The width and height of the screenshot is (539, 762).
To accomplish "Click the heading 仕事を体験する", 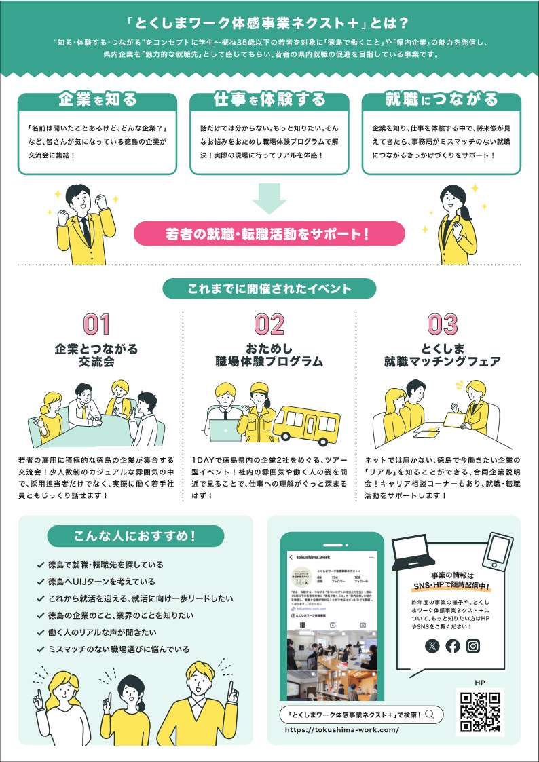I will click(x=269, y=100).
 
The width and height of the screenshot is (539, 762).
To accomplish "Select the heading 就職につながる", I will click(x=441, y=100).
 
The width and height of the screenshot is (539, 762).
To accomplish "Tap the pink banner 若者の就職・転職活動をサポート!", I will click(x=269, y=234).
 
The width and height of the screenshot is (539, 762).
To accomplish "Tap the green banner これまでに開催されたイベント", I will click(x=269, y=288).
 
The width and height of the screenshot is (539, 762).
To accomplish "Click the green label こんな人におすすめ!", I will click(x=135, y=536).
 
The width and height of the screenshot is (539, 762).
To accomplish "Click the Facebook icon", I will click(x=453, y=646).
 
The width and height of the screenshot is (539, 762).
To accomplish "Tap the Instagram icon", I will click(x=473, y=646).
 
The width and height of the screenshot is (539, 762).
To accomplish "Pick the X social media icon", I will click(x=432, y=646).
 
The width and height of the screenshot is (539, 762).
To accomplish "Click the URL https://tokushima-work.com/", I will click(x=341, y=731).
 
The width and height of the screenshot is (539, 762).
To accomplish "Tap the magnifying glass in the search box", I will click(x=431, y=714).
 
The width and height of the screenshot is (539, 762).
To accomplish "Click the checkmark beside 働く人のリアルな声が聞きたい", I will click(x=41, y=632).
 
